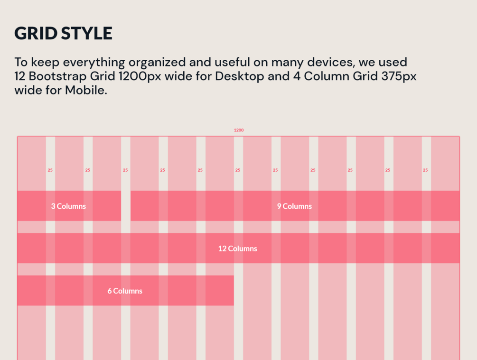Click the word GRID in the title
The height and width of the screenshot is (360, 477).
click(x=35, y=33)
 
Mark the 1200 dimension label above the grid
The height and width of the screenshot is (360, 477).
click(x=239, y=130)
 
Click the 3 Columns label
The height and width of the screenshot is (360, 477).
click(x=69, y=206)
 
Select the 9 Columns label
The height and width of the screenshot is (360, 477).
click(x=295, y=206)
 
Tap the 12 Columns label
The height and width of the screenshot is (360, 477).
click(x=238, y=249)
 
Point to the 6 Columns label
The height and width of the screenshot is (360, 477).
click(x=125, y=291)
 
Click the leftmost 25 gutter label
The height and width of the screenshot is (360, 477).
click(x=50, y=170)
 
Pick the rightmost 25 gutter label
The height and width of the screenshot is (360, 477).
click(x=425, y=170)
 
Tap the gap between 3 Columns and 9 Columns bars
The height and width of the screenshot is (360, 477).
click(x=126, y=206)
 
